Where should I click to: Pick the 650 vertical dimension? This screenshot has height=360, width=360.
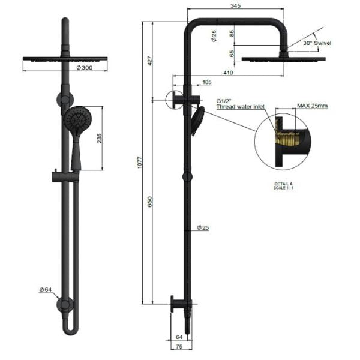click(151, 204)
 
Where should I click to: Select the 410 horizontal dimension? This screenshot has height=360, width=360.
click(228, 73)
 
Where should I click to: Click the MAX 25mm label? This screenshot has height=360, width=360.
click(313, 106)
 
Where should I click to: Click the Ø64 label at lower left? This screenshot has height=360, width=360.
click(46, 289)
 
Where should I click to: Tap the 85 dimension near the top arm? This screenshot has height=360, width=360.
click(232, 34)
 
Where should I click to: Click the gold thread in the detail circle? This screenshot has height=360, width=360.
click(286, 143)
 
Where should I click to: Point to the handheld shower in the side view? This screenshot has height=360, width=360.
click(196, 120)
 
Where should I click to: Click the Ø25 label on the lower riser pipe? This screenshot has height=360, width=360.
click(203, 227)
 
